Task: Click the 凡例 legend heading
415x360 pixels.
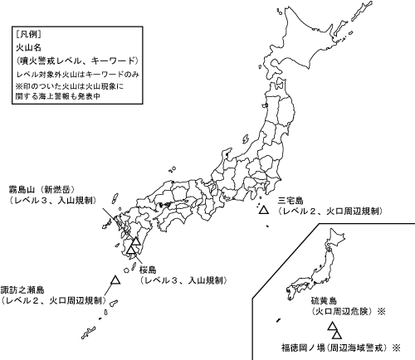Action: click(28, 35)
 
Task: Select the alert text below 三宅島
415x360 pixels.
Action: click(330, 212)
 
